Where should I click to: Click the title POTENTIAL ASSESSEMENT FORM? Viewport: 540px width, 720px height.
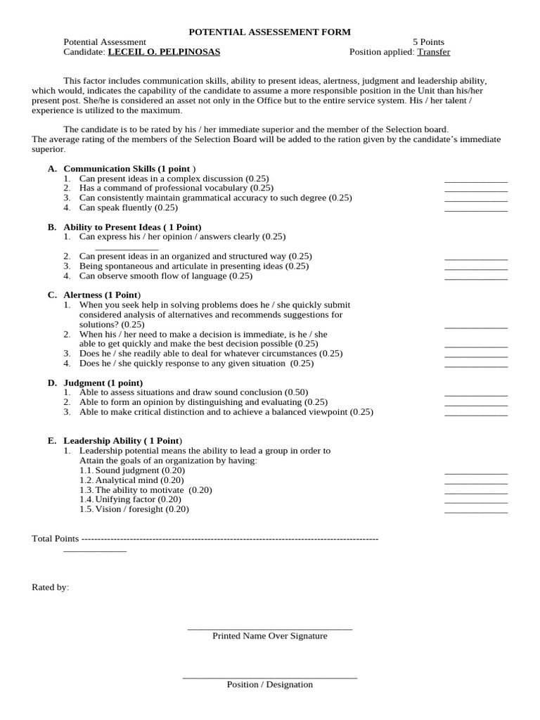point(270,32)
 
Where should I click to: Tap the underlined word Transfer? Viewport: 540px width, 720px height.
point(433,52)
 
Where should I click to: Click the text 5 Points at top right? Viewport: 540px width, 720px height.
point(427,42)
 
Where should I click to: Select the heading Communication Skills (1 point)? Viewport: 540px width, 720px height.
point(129,169)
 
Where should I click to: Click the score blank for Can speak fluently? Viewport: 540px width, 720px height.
point(475,210)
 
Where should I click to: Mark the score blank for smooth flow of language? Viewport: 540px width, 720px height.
point(475,278)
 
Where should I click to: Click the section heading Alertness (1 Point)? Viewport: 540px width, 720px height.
point(102,295)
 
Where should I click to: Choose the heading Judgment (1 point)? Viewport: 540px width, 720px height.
point(103,382)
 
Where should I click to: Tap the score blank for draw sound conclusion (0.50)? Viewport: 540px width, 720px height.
point(475,395)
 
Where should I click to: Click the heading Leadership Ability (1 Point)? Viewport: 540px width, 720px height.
point(122,440)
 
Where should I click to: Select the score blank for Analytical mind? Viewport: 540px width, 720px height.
point(475,483)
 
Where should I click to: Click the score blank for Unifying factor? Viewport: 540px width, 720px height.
point(475,502)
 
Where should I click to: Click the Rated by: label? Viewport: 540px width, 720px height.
point(51,587)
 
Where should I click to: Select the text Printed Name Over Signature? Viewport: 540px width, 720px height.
point(270,636)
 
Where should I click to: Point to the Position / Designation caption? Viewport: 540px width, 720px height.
point(270,684)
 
